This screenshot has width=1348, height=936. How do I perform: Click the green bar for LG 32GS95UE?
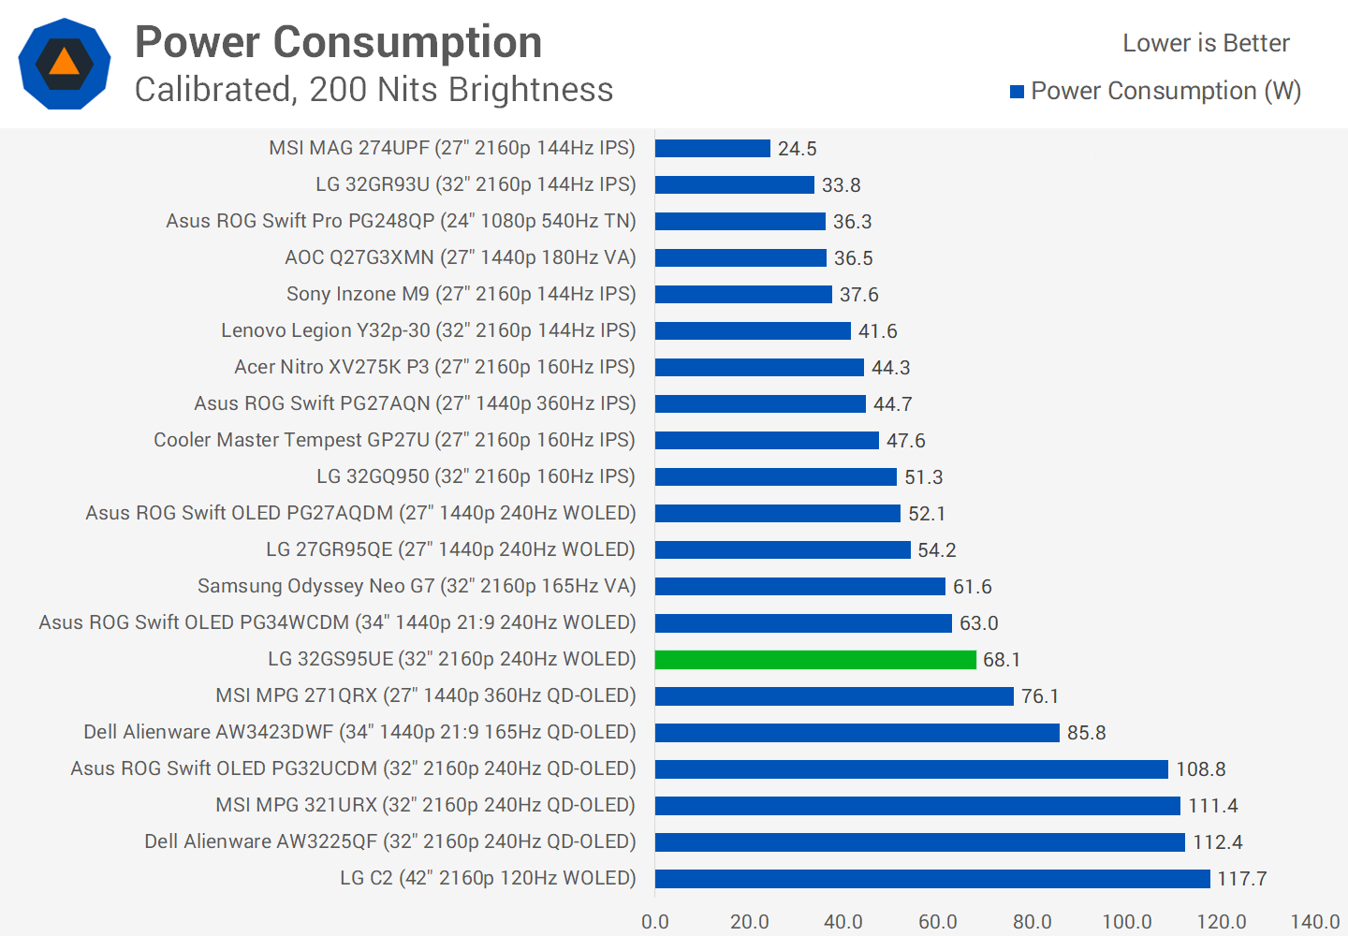(815, 660)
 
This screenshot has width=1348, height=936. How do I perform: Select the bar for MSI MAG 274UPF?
(712, 149)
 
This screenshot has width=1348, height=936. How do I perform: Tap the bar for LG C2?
(932, 879)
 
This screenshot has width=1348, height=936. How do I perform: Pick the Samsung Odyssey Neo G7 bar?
(800, 587)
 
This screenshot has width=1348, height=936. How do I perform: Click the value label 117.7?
(1241, 879)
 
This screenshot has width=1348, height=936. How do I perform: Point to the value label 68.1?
(1002, 660)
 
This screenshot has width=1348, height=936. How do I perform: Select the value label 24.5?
(798, 149)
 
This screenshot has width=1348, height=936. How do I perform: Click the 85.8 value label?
(1086, 733)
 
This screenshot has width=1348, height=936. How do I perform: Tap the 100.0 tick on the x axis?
(1126, 922)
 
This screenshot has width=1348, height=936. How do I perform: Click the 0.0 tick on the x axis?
(655, 922)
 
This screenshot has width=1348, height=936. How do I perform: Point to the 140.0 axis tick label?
(1314, 922)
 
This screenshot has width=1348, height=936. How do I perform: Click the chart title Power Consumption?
(339, 42)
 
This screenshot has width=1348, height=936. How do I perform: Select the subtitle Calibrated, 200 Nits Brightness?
(374, 90)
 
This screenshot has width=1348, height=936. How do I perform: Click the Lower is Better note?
(1206, 43)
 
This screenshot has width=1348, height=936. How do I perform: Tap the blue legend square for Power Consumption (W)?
(1017, 92)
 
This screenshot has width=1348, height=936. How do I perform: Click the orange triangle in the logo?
(64, 63)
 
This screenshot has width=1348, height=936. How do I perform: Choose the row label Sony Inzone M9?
(461, 294)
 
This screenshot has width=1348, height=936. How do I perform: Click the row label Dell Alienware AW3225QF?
(389, 841)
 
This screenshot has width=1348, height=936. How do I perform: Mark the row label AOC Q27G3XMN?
(460, 257)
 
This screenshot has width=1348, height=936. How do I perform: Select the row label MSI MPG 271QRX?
(425, 695)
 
